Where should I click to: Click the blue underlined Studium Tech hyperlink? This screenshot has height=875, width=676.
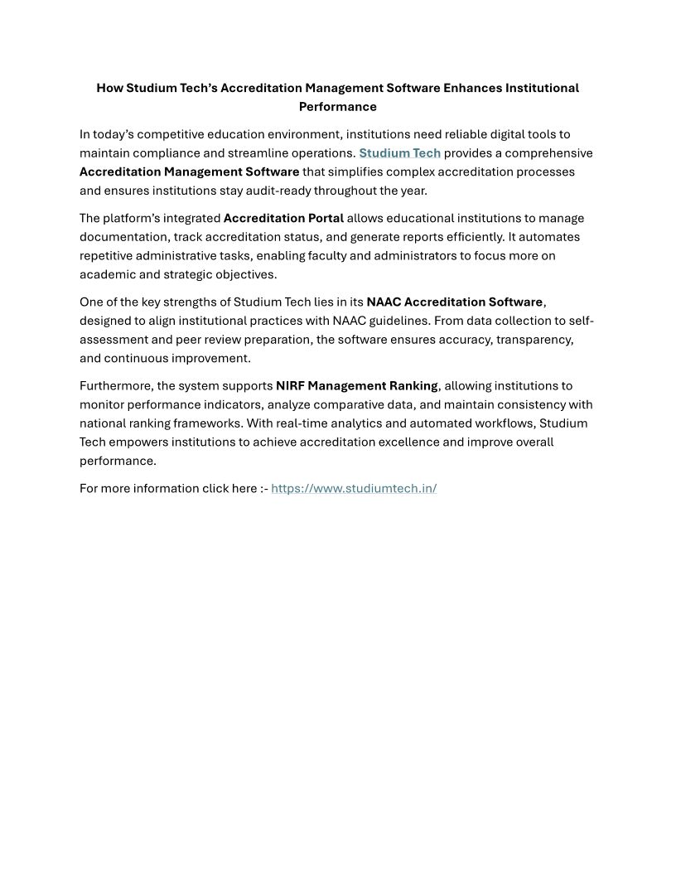click(399, 153)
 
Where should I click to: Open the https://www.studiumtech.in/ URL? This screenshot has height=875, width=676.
click(354, 488)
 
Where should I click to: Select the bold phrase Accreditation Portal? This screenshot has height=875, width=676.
click(283, 219)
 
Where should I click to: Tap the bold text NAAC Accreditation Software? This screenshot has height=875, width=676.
click(454, 302)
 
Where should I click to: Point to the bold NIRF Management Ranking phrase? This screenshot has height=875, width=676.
click(356, 386)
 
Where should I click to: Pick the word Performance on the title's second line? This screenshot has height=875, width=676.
click(337, 107)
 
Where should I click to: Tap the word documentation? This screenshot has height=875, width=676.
click(123, 237)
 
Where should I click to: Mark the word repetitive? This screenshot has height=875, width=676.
click(109, 256)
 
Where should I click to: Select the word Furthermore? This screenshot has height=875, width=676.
click(116, 386)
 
